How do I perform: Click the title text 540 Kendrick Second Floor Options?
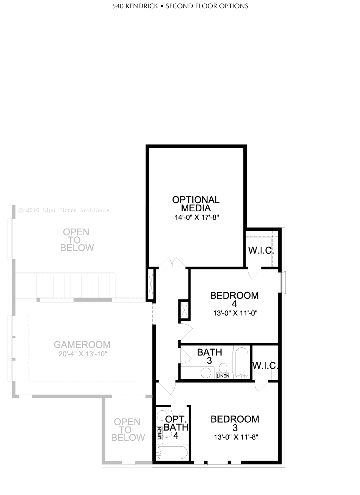tap(180, 6)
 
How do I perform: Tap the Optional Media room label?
tap(196, 204)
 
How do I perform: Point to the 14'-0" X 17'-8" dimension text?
tap(196, 217)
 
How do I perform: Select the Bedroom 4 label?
tap(234, 300)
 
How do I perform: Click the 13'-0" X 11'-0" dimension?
tap(235, 313)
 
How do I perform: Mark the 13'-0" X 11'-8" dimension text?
tap(236, 437)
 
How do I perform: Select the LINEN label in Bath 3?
tap(223, 376)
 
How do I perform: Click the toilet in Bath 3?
tap(223, 368)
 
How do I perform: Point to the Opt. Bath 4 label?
tap(176, 428)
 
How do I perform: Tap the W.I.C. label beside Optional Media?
tap(261, 251)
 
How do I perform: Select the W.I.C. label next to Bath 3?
tap(265, 366)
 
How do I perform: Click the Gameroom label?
tap(82, 344)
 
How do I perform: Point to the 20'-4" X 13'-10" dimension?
tap(83, 354)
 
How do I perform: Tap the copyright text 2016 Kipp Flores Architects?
tap(64, 210)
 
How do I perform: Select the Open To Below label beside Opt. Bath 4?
tap(128, 430)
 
